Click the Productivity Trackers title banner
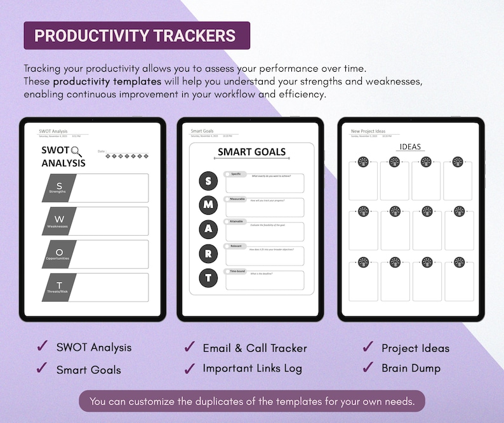[x=136, y=36]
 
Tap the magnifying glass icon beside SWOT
[x=77, y=151]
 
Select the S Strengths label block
[x=60, y=188]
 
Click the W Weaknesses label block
[x=60, y=221]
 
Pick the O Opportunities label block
[x=60, y=254]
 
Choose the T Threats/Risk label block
[x=60, y=287]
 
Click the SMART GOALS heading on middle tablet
[x=251, y=152]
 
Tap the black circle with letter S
[x=208, y=181]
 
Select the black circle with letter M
[x=208, y=205]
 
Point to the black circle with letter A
[x=208, y=229]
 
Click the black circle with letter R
[x=208, y=253]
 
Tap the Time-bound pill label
[x=237, y=271]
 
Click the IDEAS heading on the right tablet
[x=410, y=147]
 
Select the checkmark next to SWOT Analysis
[x=43, y=346]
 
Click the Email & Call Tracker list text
[x=255, y=348]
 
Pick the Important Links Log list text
[x=252, y=368]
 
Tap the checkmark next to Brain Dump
[x=368, y=367]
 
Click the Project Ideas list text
[x=415, y=348]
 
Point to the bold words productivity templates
[x=107, y=82]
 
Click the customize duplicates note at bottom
[x=252, y=401]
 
